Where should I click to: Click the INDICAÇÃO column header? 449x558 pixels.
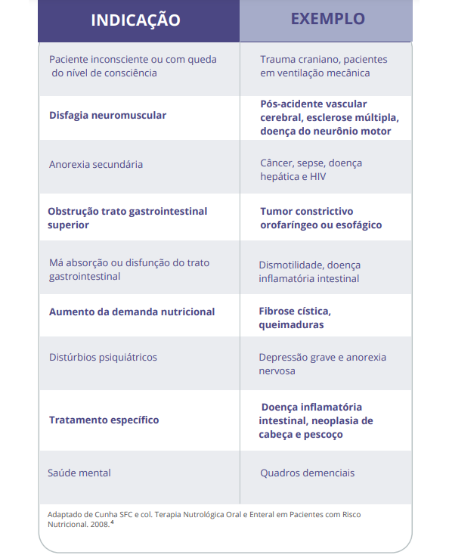point(136,20)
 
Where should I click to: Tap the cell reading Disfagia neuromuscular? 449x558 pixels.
point(107,116)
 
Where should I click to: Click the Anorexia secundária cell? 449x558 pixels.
point(96,164)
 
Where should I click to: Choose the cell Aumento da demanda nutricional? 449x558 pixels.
point(132,312)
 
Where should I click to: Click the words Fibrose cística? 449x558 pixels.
point(295,312)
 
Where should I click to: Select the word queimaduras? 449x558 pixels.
point(291,324)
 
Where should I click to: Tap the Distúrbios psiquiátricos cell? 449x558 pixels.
point(103,357)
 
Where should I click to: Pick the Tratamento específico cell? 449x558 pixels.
point(104,420)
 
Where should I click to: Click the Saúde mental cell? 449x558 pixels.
point(79,473)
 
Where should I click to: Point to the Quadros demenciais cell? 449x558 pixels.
point(307,473)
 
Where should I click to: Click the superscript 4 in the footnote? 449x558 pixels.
point(113,521)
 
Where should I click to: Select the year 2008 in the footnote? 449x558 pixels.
point(98,524)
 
